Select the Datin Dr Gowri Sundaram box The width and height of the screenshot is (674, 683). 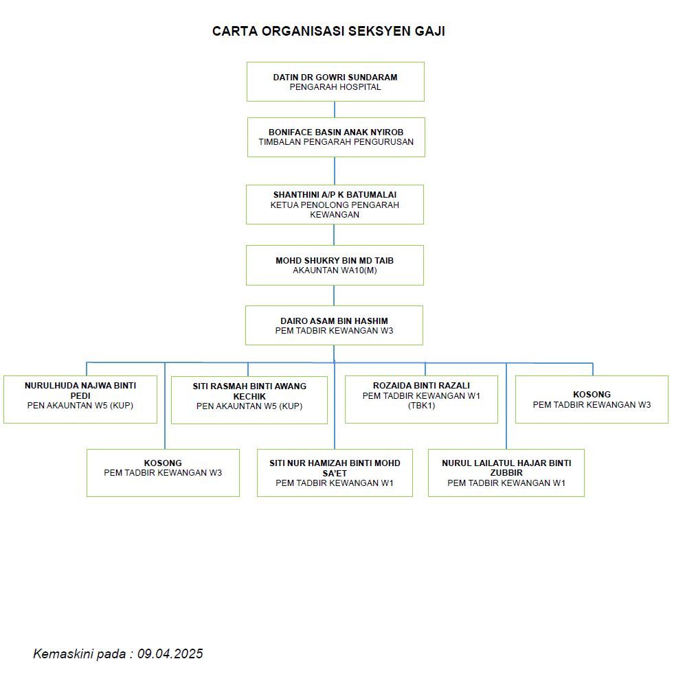[x=335, y=82]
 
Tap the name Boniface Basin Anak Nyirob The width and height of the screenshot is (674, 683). [x=336, y=132]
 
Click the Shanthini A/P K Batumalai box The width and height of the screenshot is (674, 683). [x=335, y=205]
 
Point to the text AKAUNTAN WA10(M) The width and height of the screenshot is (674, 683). [x=335, y=270]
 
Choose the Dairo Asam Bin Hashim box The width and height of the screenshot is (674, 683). [x=334, y=325]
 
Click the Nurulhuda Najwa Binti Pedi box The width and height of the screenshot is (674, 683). [x=80, y=399]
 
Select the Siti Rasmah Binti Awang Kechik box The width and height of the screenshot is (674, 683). [x=249, y=400]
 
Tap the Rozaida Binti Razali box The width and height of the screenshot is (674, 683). [x=421, y=399]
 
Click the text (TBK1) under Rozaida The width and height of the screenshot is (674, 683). [x=422, y=406]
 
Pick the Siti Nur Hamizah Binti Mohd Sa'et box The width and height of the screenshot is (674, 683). [x=335, y=473]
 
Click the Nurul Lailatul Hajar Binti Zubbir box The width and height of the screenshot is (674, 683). [x=506, y=473]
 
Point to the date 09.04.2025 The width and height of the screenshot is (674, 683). [x=170, y=653]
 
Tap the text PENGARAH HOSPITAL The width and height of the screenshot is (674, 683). [x=335, y=87]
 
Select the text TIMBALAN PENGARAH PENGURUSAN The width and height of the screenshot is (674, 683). [x=336, y=142]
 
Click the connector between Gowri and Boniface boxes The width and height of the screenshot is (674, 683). [x=335, y=109]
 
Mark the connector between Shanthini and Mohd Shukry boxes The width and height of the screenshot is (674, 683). [x=334, y=234]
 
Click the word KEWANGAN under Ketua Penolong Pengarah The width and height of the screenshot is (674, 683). [x=335, y=215]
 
